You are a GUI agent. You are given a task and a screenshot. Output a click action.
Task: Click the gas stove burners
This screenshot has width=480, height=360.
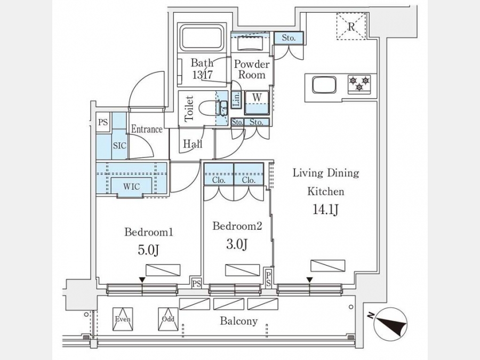[358, 83]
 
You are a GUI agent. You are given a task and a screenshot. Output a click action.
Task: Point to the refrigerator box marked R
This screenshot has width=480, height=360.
[351, 26]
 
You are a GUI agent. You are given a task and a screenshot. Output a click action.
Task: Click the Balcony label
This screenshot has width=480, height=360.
[238, 321]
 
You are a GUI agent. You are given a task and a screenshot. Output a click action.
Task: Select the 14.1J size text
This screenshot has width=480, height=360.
[325, 210]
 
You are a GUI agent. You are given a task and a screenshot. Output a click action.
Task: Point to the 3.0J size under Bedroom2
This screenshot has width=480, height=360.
[237, 244]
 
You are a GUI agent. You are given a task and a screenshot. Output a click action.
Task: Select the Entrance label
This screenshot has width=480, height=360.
[147, 129]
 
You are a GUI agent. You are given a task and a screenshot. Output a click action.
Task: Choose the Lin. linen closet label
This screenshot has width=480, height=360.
[235, 101]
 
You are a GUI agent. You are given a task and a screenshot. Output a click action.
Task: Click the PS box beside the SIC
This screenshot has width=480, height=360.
[103, 122]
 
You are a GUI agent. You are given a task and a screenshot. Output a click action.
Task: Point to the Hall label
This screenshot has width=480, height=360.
[192, 144]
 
